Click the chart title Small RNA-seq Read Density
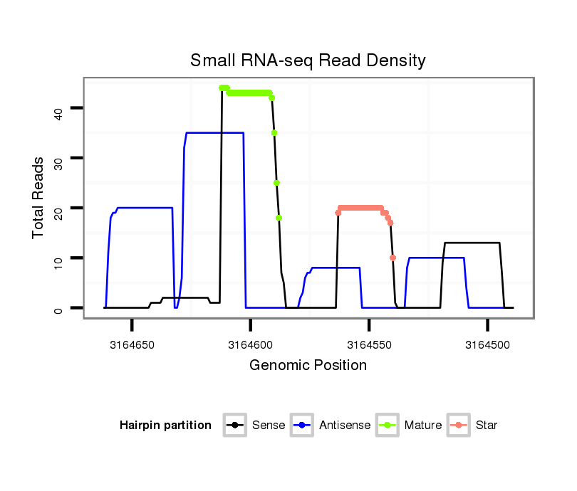308,60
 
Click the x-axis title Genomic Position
308,366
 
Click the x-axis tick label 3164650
132,344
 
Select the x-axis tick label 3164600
251,344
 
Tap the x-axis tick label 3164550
369,344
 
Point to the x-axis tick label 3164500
487,344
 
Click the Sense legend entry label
269,426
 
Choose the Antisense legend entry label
345,426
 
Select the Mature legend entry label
423,426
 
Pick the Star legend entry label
487,426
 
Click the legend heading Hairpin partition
165,426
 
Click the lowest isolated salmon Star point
393,258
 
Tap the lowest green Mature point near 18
279,218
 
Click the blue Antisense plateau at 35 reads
214,133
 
